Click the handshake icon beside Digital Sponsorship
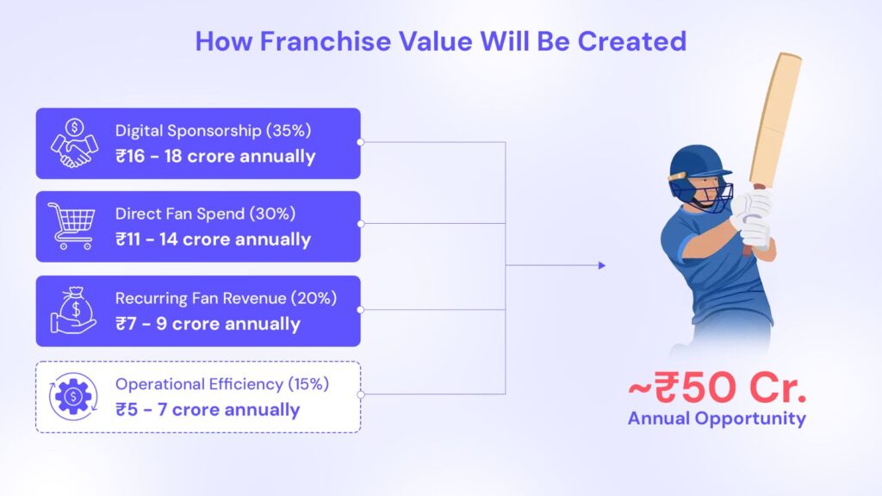click(x=74, y=144)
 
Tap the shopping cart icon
click(x=71, y=226)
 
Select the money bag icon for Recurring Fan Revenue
click(x=74, y=310)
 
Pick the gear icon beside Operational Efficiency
click(x=73, y=396)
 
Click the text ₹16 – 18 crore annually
click(x=215, y=157)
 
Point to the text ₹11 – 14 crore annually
click(x=214, y=239)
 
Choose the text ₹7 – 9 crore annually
click(x=208, y=324)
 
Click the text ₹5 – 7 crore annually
click(x=208, y=410)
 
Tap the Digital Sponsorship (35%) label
click(x=214, y=131)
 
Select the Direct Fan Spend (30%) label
click(x=205, y=214)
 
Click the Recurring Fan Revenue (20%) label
click(x=227, y=298)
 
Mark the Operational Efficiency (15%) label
click(x=222, y=384)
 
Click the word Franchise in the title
click(x=325, y=41)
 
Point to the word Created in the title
click(x=631, y=41)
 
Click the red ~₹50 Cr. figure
click(x=717, y=387)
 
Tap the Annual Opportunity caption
click(x=717, y=418)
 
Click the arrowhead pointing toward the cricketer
click(x=602, y=265)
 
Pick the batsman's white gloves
click(x=753, y=220)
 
